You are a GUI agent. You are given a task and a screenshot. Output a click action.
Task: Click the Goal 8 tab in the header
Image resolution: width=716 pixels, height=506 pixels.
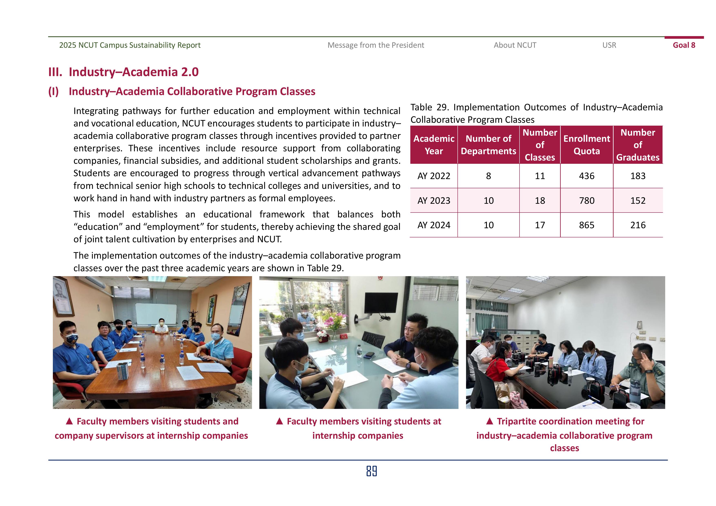tap(684, 45)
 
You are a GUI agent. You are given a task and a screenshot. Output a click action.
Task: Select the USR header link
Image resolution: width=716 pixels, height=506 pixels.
tap(609, 45)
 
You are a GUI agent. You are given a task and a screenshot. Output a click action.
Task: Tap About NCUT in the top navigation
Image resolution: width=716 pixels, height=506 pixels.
tap(515, 45)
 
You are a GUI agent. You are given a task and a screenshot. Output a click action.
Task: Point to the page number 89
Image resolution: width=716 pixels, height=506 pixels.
tap(371, 471)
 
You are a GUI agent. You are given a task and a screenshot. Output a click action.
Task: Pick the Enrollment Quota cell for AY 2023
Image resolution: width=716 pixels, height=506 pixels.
tap(587, 200)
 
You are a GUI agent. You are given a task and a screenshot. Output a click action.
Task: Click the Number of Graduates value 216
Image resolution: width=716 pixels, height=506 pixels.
tap(638, 225)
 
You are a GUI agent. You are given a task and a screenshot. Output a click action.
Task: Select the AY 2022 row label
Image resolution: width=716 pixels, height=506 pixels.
tap(434, 176)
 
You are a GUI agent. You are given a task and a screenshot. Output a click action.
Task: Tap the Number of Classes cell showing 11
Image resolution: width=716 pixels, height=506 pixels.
tap(540, 176)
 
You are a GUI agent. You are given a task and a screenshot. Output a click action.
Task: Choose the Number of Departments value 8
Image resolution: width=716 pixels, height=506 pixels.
tap(488, 176)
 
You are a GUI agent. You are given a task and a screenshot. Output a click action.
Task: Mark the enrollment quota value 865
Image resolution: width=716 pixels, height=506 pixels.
tap(587, 225)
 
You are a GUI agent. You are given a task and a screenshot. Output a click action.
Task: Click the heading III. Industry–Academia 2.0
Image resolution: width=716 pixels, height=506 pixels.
tap(123, 72)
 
